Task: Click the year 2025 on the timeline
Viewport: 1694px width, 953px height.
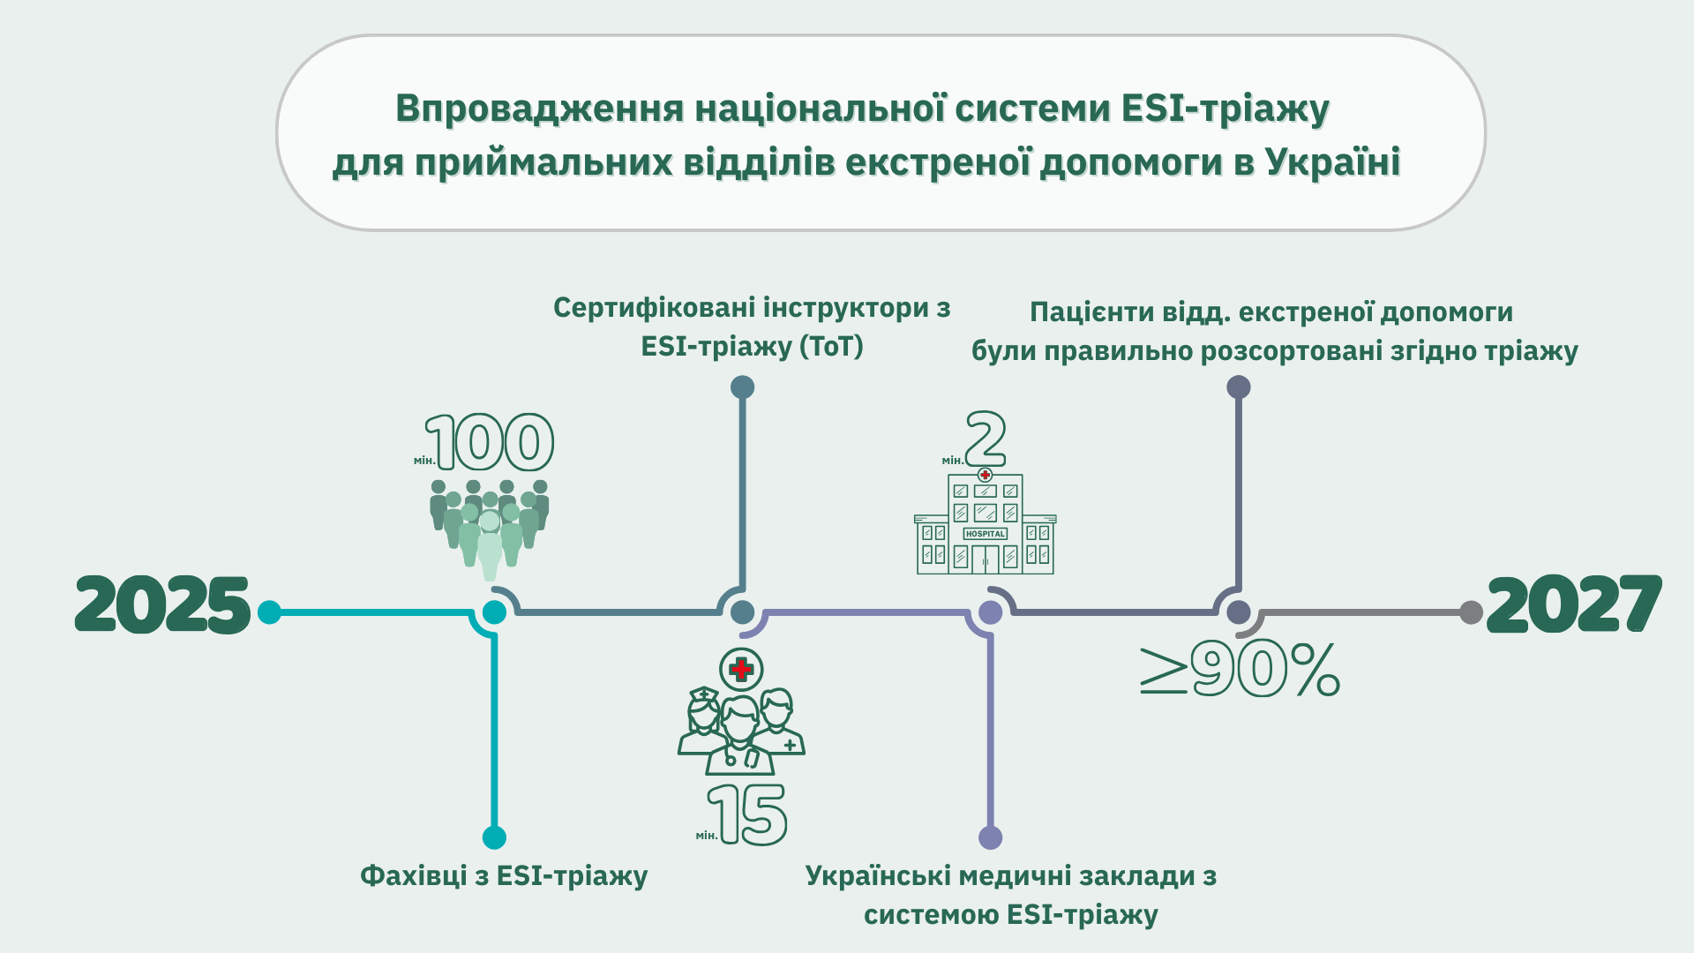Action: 163,605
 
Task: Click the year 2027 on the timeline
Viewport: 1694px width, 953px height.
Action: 1574,605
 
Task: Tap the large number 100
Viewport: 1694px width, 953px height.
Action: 490,442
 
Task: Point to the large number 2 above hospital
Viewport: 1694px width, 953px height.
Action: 986,439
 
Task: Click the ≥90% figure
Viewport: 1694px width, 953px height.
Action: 1240,672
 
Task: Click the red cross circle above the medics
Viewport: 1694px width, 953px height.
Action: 741,669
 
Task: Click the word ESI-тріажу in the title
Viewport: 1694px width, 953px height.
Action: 1226,109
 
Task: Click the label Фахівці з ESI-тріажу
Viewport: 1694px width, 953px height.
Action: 504,876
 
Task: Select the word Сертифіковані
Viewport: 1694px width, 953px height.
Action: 653,308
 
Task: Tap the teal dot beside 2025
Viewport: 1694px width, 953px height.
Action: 269,612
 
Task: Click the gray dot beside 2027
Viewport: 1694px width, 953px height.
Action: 1471,612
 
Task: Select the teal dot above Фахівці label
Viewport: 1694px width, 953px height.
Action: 494,837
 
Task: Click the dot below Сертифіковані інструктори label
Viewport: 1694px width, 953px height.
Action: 743,386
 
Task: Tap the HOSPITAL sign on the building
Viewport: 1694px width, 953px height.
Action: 986,534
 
